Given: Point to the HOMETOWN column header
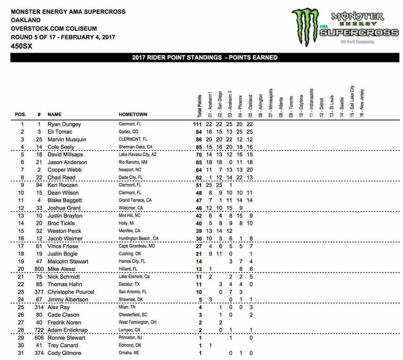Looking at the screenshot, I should pyautogui.click(x=133, y=114).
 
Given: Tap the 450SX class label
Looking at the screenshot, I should pyautogui.click(x=22, y=46).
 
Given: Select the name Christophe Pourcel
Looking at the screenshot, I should pyautogui.click(x=71, y=292).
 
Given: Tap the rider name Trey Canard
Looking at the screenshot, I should pyautogui.click(x=63, y=345).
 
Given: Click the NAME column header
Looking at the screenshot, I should pyautogui.click(x=54, y=114).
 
